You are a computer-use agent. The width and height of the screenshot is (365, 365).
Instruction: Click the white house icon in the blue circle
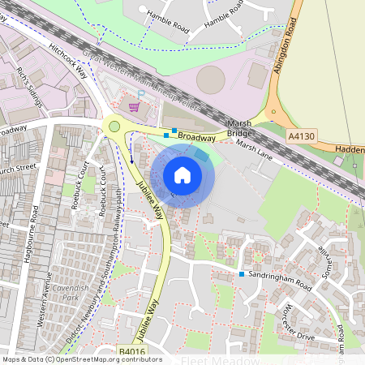tap(182, 174)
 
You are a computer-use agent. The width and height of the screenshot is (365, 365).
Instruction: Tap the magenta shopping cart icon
tap(134, 107)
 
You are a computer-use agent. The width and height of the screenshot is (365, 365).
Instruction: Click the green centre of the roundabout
tap(114, 126)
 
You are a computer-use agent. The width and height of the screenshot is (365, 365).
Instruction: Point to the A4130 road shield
tap(302, 138)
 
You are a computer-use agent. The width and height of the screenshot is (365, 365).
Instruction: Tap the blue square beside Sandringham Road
tap(242, 274)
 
